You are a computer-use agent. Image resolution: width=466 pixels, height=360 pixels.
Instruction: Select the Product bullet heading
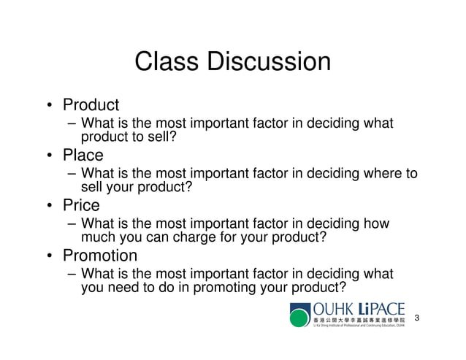(91, 105)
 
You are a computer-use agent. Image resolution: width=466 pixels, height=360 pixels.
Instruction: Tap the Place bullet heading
(83, 156)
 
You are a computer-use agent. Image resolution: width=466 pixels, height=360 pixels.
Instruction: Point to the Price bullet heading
(81, 205)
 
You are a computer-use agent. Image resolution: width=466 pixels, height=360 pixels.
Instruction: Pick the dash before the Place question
(71, 174)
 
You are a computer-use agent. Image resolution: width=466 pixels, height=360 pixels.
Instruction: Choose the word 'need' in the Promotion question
(124, 288)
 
